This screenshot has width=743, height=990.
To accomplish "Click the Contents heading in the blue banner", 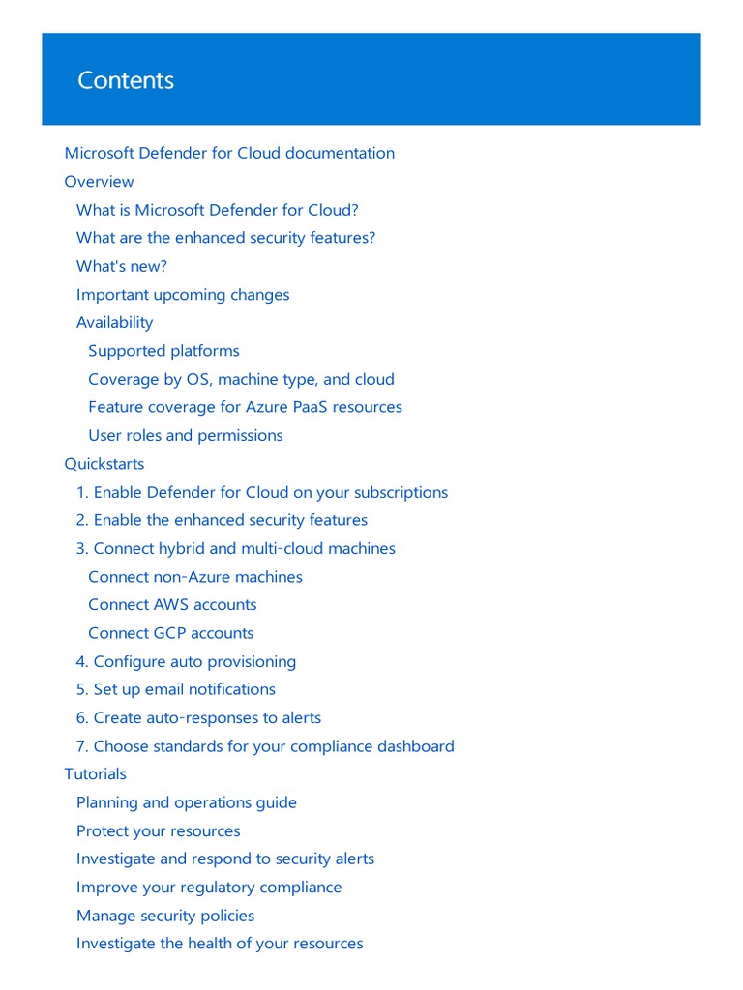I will tap(126, 80).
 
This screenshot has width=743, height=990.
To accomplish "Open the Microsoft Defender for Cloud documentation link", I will tap(229, 153).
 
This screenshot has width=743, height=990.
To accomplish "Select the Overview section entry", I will tap(99, 182).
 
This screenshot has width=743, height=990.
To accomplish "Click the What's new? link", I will tap(122, 266).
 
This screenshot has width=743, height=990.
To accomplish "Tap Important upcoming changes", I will tap(183, 295).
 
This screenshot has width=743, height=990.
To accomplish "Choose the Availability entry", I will tap(114, 323).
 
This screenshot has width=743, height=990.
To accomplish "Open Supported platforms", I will tap(163, 351).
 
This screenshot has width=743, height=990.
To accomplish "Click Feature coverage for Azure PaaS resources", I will tap(245, 407).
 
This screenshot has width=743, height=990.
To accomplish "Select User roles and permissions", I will tap(186, 436).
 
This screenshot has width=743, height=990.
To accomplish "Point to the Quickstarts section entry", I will tap(104, 464).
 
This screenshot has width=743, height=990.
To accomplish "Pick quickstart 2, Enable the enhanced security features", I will tap(222, 520).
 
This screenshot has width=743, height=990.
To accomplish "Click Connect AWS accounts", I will tap(172, 605).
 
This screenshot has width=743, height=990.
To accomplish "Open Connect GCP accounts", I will tap(170, 633).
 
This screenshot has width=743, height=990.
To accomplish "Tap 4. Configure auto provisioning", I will tap(186, 662).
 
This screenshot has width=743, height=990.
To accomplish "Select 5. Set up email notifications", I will tap(175, 689).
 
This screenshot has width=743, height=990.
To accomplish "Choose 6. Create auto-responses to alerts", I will tap(198, 718).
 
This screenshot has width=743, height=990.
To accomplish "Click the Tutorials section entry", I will tap(95, 774).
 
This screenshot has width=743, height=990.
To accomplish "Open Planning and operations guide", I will tap(187, 802).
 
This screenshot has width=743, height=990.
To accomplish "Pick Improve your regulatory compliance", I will tap(209, 888).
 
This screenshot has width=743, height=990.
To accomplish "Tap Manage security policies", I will tap(165, 916).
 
